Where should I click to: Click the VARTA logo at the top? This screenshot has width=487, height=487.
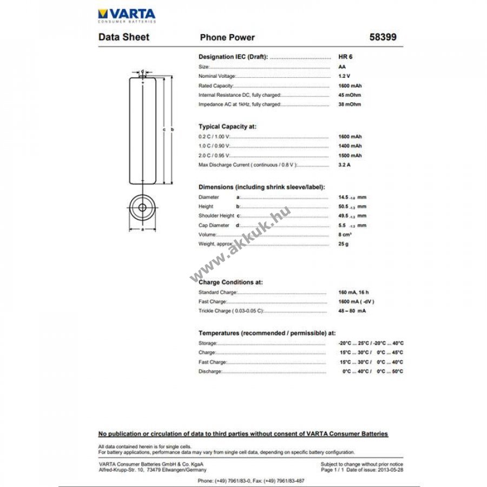(x=127, y=15)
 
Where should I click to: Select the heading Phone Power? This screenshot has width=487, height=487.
(x=227, y=37)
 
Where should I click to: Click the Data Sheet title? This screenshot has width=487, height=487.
(x=124, y=37)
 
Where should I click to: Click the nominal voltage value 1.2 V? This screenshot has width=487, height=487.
(x=344, y=76)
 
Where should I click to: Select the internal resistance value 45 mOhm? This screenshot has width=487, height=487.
(x=349, y=95)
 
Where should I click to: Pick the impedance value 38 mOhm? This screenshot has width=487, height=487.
(x=349, y=104)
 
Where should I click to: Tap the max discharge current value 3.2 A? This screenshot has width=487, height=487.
(x=344, y=164)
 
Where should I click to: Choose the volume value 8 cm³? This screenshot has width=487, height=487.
(x=345, y=235)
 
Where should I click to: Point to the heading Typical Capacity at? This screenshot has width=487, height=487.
(x=227, y=127)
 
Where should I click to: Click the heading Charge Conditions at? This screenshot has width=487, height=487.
(x=231, y=282)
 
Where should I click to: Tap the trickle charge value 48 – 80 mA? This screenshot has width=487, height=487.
(x=352, y=311)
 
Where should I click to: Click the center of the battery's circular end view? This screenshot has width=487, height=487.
(x=142, y=207)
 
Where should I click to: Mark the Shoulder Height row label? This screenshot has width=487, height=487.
(x=216, y=216)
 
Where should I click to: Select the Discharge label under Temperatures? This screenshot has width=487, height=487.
(x=210, y=372)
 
